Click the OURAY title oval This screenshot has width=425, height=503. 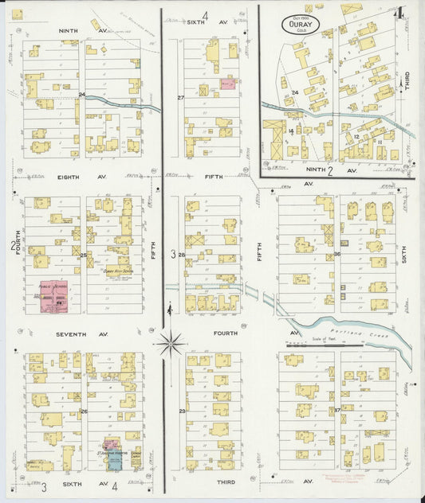click(301, 25)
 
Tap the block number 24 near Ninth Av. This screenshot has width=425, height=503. click(82, 95)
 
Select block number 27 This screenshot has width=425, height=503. click(181, 98)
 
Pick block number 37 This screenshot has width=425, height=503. click(337, 410)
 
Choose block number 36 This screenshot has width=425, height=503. click(337, 254)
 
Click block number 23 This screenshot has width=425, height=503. click(182, 411)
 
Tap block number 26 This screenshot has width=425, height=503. click(83, 411)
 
